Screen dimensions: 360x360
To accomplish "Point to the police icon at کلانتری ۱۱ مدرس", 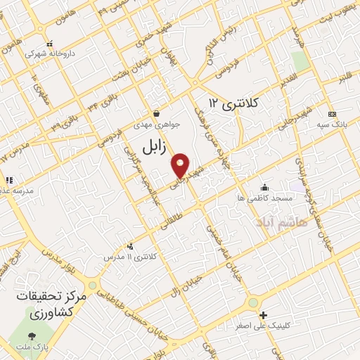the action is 129,246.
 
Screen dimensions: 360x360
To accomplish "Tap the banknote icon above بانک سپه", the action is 332,114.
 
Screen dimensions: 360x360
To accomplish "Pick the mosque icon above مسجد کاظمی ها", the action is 264,187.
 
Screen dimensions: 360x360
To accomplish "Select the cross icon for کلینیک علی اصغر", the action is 264,315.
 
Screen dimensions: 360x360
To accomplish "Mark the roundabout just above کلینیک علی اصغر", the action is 253,302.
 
